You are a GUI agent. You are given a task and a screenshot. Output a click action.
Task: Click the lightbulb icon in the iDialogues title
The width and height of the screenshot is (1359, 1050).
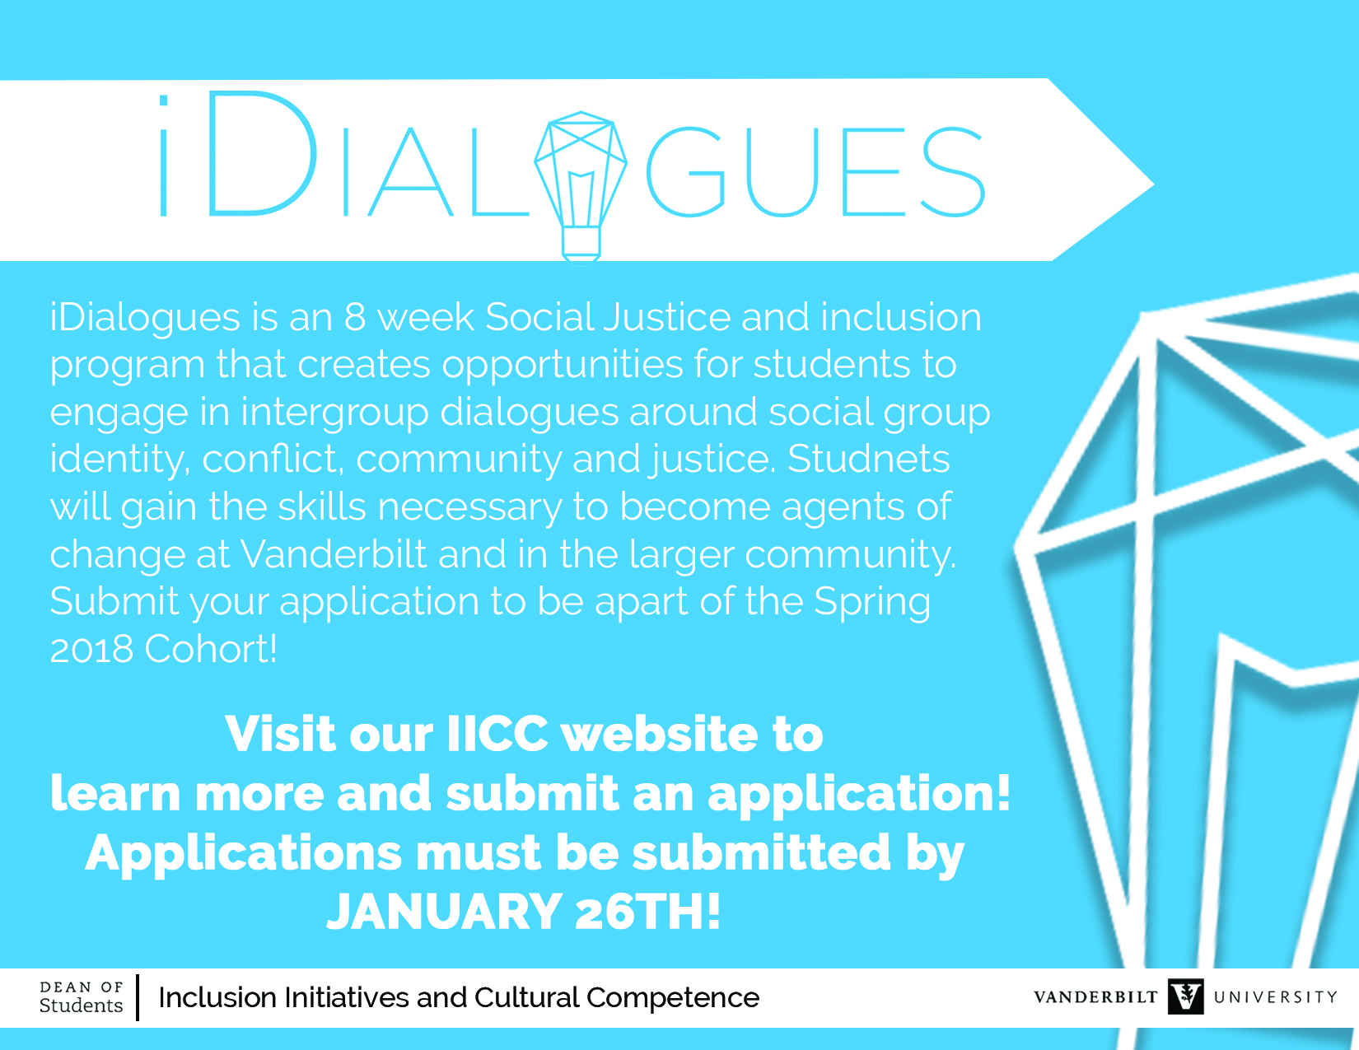581,188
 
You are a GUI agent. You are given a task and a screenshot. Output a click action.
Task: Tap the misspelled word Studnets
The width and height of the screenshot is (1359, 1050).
868,459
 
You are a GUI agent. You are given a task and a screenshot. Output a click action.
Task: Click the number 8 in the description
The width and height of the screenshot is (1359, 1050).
355,317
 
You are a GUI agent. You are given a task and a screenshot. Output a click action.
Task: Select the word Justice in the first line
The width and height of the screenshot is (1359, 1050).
667,317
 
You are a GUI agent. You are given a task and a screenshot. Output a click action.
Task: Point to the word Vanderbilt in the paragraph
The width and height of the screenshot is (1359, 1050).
334,553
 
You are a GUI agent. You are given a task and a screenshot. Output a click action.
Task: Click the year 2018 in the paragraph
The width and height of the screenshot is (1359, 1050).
91,649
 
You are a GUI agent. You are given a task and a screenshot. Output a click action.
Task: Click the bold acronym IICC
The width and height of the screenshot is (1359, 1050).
497,734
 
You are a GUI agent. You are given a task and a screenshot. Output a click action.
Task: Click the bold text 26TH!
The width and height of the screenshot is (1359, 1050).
648,912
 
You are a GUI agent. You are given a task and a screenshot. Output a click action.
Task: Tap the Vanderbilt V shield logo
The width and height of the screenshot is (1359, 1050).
1185,996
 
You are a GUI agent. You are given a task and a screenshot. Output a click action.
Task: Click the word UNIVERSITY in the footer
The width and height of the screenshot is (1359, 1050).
1275,996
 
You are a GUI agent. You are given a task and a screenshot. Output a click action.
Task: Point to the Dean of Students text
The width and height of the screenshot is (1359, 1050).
82,996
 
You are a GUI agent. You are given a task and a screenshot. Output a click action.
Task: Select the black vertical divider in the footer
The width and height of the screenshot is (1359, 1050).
138,997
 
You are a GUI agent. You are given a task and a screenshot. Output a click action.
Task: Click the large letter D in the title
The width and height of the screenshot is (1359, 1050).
262,154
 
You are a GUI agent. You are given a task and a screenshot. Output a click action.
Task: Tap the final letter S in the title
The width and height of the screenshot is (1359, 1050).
952,171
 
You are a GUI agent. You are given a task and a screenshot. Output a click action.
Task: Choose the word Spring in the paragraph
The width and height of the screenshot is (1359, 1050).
871,603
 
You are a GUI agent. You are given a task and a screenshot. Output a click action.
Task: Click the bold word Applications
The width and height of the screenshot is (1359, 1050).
244,854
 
